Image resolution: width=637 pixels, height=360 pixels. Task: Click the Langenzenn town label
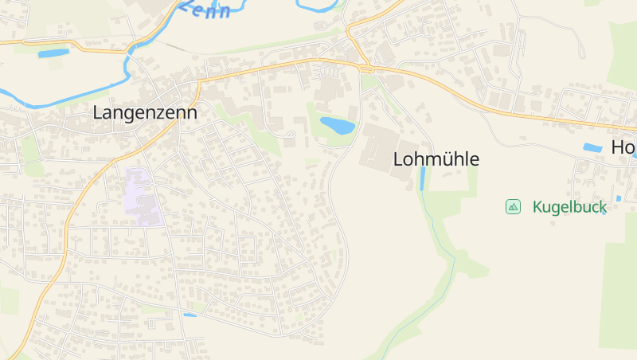coord(145,113)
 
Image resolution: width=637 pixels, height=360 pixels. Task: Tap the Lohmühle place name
coord(436,159)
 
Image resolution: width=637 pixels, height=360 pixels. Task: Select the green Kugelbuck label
coord(569,207)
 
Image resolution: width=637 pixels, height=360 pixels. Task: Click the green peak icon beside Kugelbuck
coord(513,207)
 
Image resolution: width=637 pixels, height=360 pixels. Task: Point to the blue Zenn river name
coord(205,9)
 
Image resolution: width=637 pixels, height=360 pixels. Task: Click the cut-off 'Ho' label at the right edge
coord(623,147)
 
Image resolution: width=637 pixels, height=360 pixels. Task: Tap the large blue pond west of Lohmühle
coord(337,125)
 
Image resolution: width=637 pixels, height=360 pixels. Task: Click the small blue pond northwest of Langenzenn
coord(53,53)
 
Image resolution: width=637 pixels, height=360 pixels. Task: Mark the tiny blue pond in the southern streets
coord(190,315)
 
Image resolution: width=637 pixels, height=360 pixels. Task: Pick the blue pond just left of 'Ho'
coord(592,147)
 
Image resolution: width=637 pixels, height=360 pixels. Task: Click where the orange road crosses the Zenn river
coord(130,47)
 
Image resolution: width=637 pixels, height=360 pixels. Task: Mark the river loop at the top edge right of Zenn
coord(318,6)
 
